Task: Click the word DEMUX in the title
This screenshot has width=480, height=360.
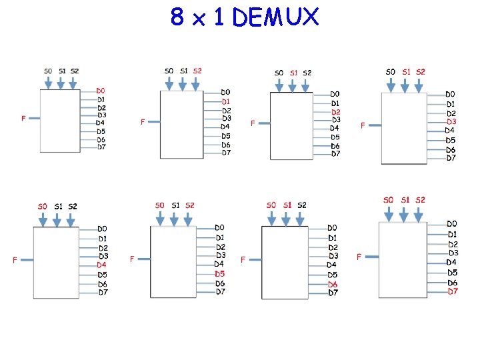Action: coord(276,17)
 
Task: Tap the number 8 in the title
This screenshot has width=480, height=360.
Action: coord(177,17)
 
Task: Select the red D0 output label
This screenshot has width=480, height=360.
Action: coord(101,91)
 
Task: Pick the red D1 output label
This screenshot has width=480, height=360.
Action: coord(226,101)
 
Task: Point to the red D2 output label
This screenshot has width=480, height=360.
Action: coord(336,112)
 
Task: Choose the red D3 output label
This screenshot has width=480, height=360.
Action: coord(451,122)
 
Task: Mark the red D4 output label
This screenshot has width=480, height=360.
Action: coord(101,265)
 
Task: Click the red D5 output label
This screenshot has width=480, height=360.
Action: coord(220,273)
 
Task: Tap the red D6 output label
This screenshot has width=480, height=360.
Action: coord(333,284)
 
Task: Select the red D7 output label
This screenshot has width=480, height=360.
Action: coord(453,291)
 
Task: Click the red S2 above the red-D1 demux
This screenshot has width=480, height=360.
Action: coord(197,71)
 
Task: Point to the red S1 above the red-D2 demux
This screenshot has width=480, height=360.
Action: coord(293,73)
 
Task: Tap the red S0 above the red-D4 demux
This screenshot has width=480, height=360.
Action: coord(42,206)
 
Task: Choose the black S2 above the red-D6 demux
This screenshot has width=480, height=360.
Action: coord(302,205)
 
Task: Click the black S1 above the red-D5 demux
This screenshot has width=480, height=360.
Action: coord(175,205)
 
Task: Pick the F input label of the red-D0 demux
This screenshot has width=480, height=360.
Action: coord(23,119)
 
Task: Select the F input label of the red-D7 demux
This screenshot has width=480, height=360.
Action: coord(359,257)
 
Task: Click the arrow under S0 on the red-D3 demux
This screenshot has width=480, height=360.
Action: coord(390,84)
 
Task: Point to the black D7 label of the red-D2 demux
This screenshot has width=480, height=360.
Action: coord(335,154)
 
